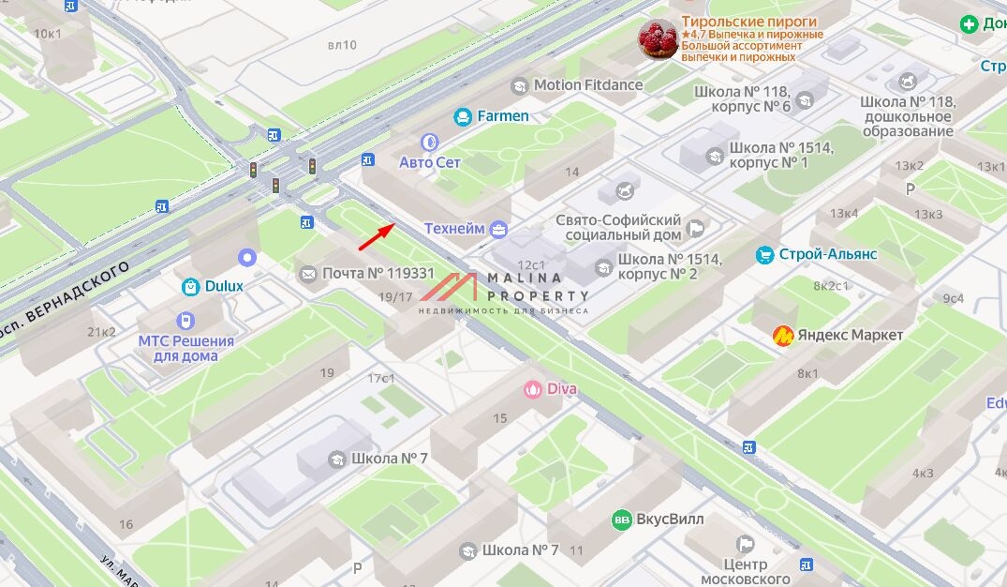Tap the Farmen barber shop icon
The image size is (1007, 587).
pos(462,116)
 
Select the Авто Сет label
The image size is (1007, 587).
pos(430,162)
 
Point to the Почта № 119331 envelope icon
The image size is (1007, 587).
pos(308,274)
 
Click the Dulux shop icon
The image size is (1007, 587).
pos(190,286)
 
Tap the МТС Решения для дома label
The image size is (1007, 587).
pos(186,348)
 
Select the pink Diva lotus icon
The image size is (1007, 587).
pos(533,388)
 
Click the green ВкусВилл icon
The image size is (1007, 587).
pos(621,519)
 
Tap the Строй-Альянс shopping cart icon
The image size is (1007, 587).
pos(765,254)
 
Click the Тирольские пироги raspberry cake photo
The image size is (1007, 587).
pos(658,39)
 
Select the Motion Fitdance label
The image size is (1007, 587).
pos(588,85)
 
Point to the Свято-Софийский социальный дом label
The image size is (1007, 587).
pos(617,226)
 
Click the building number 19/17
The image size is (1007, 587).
pos(395,297)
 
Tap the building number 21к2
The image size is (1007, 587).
pos(101,331)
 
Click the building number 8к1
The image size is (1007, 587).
pos(807,373)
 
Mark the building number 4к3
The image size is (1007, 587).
pos(924,473)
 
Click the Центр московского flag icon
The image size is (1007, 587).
pos(746,544)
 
